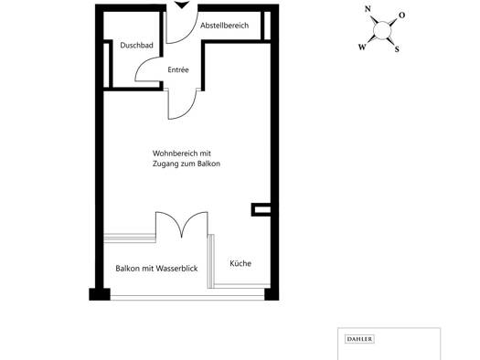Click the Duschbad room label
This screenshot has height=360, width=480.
point(136,46)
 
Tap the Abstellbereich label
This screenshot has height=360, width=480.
point(224,26)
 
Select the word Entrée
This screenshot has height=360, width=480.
point(178,69)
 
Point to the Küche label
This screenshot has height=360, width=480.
point(240,263)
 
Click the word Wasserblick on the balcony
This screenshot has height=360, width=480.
point(176,269)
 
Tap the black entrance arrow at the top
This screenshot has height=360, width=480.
point(182,5)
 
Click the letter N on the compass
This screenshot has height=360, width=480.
point(368,9)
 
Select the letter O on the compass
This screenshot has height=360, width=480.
point(401,15)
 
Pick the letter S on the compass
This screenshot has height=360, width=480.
point(397,49)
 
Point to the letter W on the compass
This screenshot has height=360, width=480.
point(362,48)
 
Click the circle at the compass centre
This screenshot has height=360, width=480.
point(382,30)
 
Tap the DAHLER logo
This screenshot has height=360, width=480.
point(359,339)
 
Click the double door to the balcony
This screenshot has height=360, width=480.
point(182,224)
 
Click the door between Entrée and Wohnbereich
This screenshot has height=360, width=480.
point(182,104)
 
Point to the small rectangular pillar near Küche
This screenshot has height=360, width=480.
point(261,209)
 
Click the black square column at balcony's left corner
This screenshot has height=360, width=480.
point(100,294)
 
